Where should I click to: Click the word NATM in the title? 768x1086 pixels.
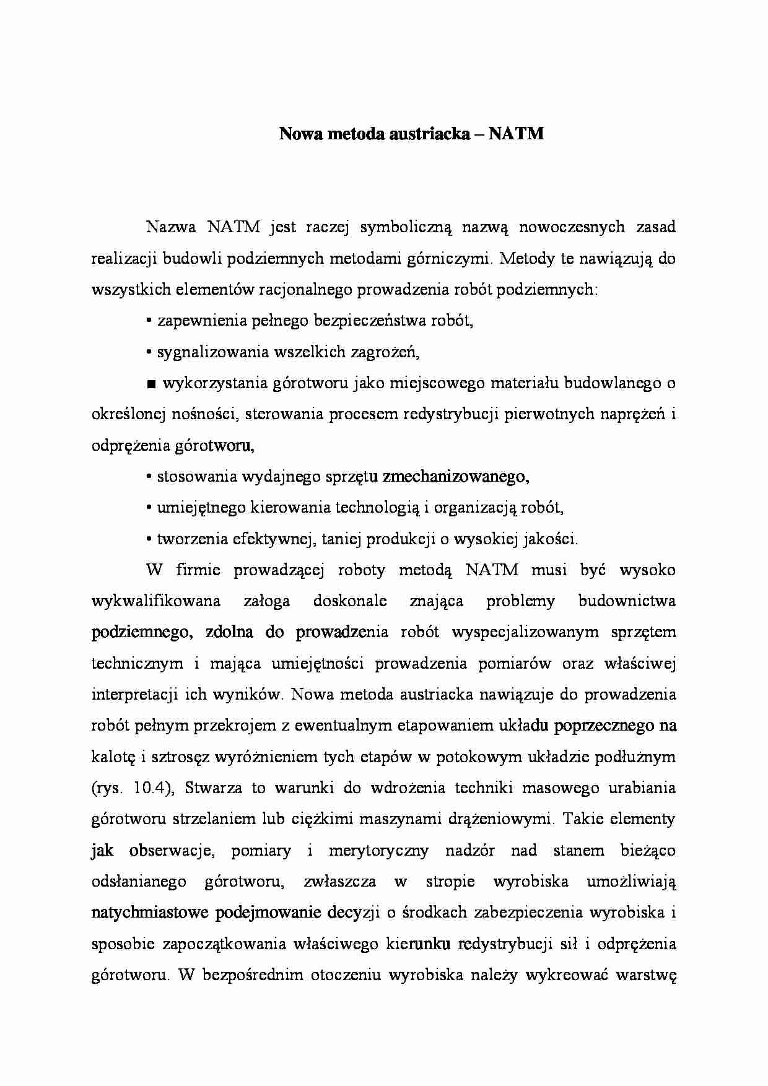516,134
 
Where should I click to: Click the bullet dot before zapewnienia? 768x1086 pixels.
149,321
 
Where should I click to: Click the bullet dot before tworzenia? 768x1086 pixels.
149,539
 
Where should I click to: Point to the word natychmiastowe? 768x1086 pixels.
149,913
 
